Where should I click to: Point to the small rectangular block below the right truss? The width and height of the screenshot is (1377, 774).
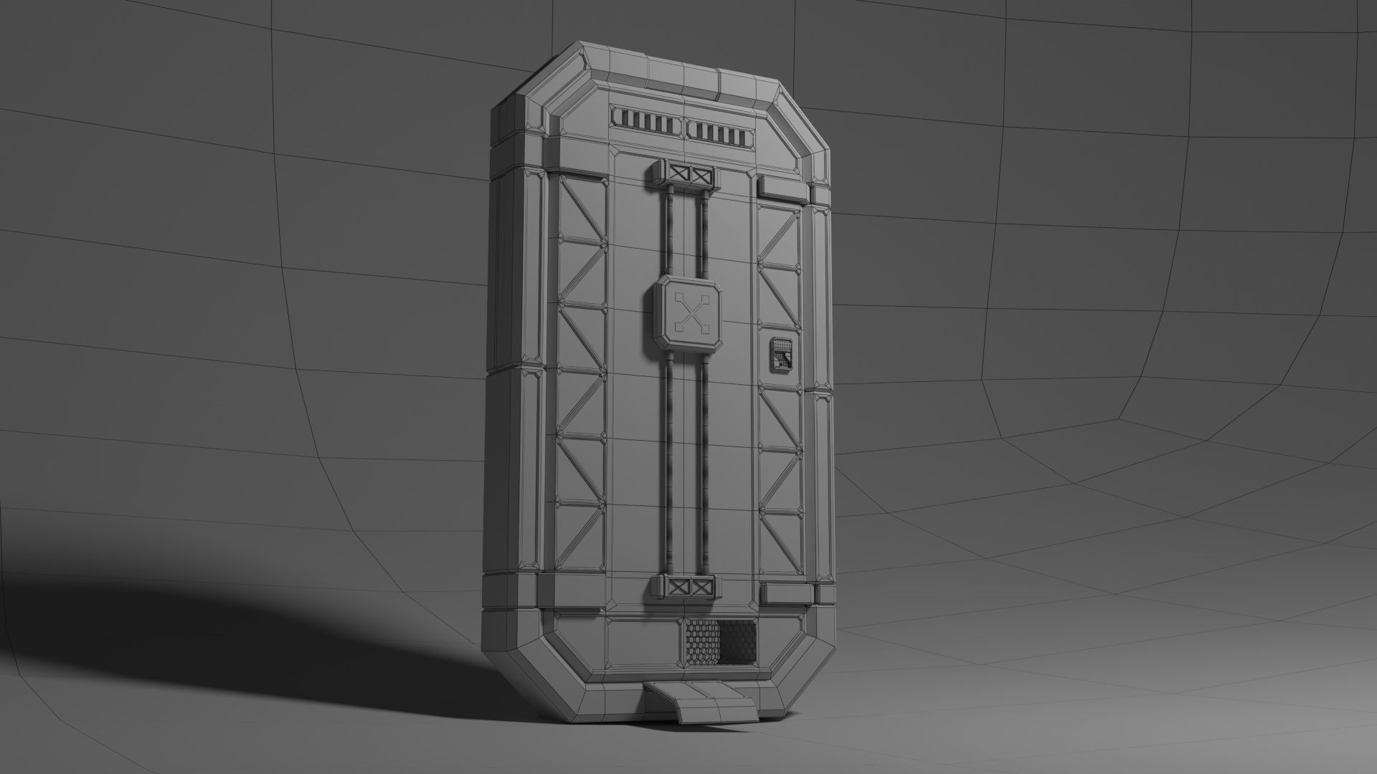tap(786, 594)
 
